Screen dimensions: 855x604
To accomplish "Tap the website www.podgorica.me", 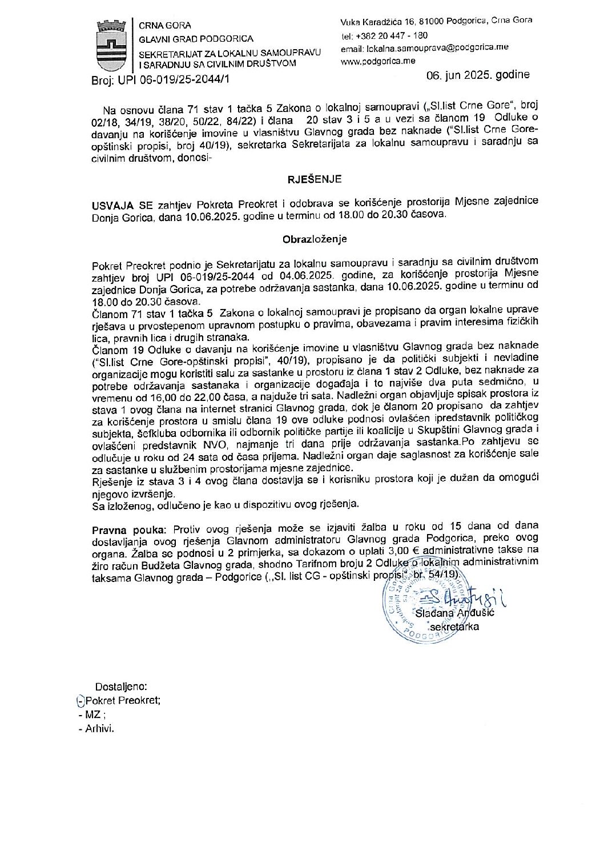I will point(377,61).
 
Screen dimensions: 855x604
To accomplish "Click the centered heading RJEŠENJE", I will point(315,179).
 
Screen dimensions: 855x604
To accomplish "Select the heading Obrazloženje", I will point(315,240).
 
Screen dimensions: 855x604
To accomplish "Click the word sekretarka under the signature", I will point(454,627).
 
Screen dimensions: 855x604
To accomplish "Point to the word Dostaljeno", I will point(121,687).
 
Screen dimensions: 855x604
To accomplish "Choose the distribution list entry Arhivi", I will point(99,729).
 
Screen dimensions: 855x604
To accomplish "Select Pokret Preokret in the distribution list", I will point(122,701).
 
